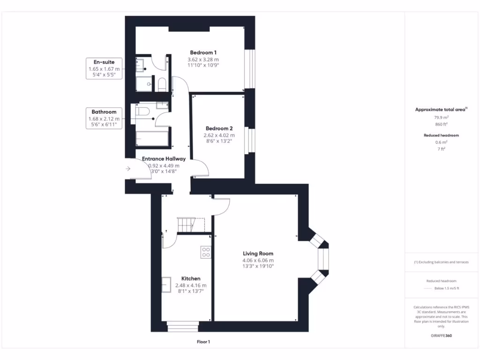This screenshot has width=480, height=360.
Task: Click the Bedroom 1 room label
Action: click(x=203, y=52)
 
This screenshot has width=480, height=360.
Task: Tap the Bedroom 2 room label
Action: click(x=219, y=128)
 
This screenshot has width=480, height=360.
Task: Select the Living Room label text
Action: click(x=258, y=254)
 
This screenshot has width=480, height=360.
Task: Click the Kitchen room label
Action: click(x=191, y=278)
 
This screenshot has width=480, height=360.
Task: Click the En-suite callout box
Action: click(x=104, y=68)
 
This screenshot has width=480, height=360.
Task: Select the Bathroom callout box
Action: click(x=104, y=118)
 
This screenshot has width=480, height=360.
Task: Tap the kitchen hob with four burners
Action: click(x=206, y=252)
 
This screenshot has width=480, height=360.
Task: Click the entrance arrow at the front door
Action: click(x=128, y=169)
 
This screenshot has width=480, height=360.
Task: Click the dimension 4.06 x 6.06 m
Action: click(x=258, y=260)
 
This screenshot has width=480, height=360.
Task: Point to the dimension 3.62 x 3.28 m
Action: click(x=203, y=60)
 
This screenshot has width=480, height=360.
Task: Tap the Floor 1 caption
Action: click(x=203, y=342)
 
